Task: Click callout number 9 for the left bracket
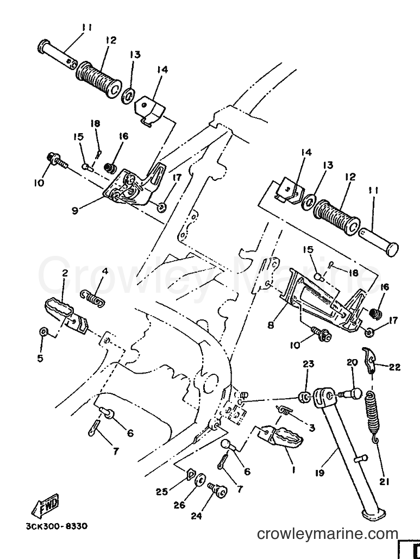coord(74,211)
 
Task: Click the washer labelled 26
coord(200,480)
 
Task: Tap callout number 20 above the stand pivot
coord(352,363)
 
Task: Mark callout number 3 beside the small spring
coord(312,428)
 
